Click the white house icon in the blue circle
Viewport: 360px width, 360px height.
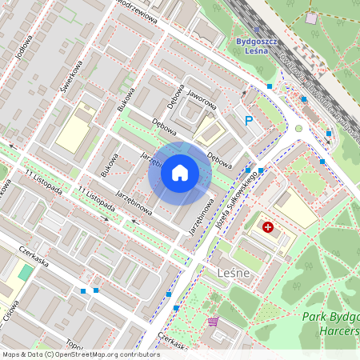tap(180, 173)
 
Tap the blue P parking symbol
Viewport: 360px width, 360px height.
tap(249, 121)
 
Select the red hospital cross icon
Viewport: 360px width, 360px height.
tap(268, 227)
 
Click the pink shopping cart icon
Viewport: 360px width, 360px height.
tap(213, 322)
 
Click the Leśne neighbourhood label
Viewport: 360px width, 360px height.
tap(234, 273)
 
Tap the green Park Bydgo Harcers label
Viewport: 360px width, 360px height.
tap(330, 323)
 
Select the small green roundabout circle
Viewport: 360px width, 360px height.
tap(299, 128)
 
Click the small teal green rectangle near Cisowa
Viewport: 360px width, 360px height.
tap(26, 272)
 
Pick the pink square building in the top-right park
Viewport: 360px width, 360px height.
tap(311, 18)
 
